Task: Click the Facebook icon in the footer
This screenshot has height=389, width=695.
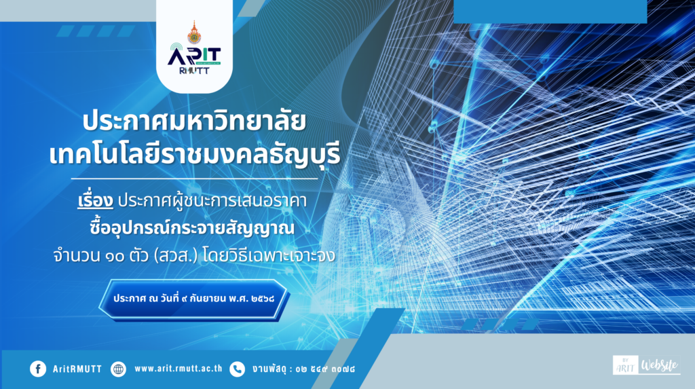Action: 38,369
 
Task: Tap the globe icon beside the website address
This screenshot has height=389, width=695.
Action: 118,369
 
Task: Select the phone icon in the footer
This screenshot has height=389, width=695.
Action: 237,369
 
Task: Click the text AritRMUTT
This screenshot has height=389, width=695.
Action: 77,369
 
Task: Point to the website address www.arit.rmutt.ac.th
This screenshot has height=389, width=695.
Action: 179,369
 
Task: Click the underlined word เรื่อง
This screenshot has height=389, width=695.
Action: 95,200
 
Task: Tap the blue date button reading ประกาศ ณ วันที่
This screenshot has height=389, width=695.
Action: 193,299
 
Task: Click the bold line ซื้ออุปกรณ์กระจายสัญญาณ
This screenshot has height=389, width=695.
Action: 192,227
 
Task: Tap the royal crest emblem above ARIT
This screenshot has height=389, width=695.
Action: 193,33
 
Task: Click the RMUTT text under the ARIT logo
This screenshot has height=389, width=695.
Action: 194,71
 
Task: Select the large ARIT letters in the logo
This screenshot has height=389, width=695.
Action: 194,56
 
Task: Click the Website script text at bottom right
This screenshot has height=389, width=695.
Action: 660,365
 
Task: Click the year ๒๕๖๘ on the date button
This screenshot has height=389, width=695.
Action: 263,299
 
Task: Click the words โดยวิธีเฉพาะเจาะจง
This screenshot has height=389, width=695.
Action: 269,256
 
